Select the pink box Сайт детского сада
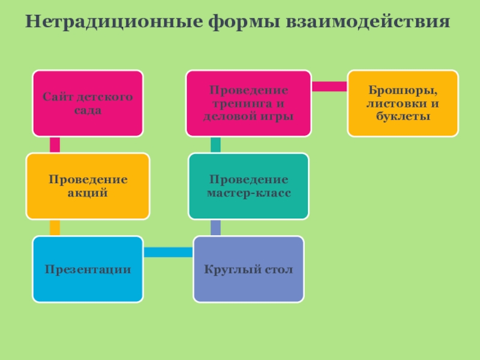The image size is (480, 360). (x=88, y=103)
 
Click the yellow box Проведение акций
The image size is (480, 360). (x=88, y=186)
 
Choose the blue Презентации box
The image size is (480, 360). (x=88, y=269)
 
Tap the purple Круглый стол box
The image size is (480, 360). (x=248, y=269)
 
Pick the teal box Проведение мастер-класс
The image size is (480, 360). (x=248, y=186)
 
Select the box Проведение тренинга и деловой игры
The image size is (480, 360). (x=248, y=103)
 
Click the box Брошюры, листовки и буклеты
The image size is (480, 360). (x=403, y=103)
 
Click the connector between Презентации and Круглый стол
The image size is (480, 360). (x=168, y=253)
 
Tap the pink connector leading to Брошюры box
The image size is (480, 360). (x=329, y=86)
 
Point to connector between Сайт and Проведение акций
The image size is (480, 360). (x=55, y=145)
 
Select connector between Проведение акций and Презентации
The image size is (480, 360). (x=55, y=227)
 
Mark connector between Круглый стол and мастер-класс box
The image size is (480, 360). (x=215, y=227)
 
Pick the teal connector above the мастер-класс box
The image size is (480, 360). (x=215, y=145)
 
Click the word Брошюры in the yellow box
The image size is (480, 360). (x=403, y=92)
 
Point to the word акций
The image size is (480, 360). (x=88, y=193)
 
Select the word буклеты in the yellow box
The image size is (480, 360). (x=403, y=115)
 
